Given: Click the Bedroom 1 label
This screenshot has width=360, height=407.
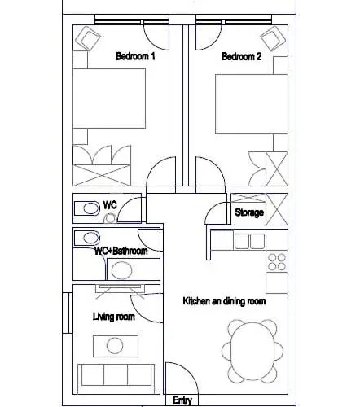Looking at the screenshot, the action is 135,56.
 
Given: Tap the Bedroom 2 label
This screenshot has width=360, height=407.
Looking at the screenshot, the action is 241,56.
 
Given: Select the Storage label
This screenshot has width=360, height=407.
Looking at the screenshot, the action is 249,212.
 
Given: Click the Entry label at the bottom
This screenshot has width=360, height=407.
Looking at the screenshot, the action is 182,400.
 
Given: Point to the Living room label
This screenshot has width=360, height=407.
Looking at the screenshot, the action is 114,317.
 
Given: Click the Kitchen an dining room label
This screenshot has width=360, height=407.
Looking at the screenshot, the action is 224,301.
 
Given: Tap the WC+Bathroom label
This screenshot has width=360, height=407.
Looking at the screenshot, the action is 121,251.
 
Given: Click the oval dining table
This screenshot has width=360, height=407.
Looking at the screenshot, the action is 252,351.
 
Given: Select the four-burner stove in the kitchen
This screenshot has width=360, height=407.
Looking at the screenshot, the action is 277,262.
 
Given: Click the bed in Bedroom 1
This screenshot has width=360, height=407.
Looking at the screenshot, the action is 109,98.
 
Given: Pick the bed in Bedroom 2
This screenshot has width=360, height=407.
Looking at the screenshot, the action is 252,104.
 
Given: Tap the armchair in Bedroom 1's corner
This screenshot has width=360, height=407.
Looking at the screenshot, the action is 87,38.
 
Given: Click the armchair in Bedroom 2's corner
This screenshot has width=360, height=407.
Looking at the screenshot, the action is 273,38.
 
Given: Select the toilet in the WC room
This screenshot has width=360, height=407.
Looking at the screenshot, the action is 87,208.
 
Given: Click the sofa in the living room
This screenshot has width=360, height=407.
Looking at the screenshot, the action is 116,375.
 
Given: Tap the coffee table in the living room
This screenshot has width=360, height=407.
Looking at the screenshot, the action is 116,346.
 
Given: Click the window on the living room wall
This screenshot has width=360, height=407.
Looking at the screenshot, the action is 68,313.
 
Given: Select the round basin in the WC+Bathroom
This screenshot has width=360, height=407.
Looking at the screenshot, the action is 121,270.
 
